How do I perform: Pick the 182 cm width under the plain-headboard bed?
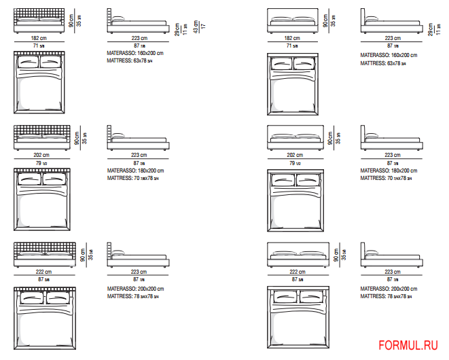point(293,39)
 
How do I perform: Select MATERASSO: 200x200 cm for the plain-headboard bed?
point(388,288)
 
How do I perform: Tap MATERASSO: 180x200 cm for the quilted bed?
point(135,170)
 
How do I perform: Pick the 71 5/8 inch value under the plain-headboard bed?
point(293,46)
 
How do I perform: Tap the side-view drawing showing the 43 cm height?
point(138,24)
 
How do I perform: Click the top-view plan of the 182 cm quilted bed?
point(39,85)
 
